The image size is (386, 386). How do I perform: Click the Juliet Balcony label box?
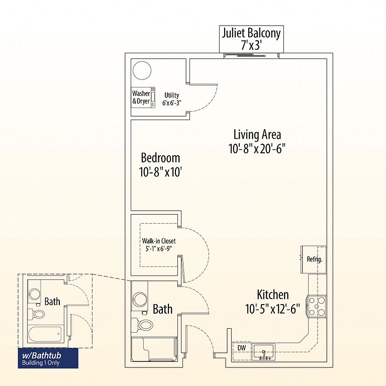[251, 39]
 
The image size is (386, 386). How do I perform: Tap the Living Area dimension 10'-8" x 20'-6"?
[257, 149]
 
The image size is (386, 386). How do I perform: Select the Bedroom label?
[160, 158]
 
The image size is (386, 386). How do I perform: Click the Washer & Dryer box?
[143, 98]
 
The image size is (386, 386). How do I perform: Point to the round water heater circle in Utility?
[142, 70]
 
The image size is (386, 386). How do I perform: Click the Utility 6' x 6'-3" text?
[171, 99]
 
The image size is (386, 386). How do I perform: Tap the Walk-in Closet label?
[159, 241]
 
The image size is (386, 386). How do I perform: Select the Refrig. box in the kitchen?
[314, 259]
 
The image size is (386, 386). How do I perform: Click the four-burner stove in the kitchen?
[317, 306]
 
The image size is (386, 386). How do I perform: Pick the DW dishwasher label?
[242, 348]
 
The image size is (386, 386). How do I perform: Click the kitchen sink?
[263, 352]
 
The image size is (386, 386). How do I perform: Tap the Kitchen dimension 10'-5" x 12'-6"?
[272, 309]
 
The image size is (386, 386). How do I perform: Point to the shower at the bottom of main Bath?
[154, 349]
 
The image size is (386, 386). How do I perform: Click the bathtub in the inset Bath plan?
[45, 334]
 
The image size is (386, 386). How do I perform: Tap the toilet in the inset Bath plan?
[37, 314]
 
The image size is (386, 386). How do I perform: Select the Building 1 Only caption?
[41, 363]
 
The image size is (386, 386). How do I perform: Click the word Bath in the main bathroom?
[162, 309]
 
